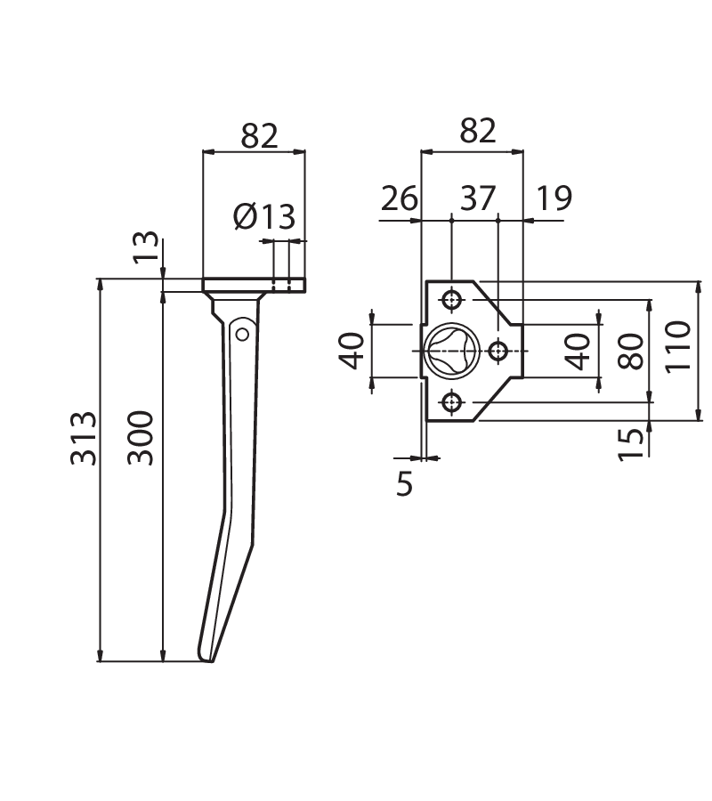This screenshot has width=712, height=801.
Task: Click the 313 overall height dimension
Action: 84,438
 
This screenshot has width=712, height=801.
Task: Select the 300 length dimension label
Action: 141,438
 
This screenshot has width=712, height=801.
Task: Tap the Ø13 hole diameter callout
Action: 264,216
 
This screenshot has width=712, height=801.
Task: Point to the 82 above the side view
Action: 260,135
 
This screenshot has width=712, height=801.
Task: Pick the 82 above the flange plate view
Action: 478,130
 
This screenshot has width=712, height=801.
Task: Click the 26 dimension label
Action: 400,198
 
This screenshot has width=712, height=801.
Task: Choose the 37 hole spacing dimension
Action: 478,198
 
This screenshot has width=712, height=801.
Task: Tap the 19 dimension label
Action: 554,198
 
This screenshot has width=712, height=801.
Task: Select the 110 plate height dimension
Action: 678,347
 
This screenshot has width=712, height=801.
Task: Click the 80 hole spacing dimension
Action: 631,351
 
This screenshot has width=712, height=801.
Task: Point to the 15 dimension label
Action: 631,445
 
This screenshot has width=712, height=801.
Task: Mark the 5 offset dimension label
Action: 404,483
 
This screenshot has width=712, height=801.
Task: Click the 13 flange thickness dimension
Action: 146,247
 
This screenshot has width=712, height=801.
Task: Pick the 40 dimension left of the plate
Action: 352,351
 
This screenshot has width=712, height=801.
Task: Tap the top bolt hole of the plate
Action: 452,299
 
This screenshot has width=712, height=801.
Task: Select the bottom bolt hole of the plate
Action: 452,403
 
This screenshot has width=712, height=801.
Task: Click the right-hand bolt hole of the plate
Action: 498,351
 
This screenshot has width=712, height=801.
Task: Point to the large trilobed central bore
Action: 451,351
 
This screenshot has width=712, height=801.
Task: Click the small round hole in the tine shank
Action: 243,335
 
